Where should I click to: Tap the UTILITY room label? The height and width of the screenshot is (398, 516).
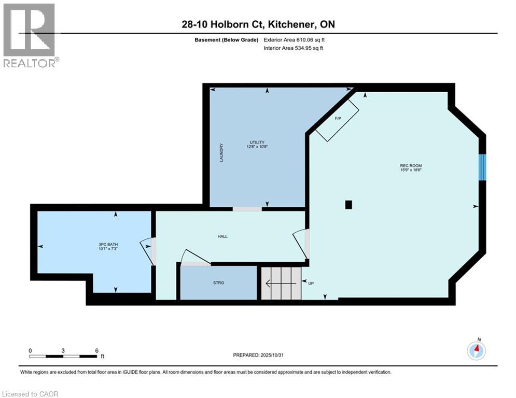pos(257,143)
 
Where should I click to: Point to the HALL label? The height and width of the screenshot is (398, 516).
pos(222,236)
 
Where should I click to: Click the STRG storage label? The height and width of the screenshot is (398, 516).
pos(218,283)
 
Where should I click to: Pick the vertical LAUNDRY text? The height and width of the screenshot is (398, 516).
pos(221,153)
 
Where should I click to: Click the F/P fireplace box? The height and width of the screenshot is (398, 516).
pos(338,119)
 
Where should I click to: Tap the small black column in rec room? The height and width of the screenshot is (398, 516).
pos(349,205)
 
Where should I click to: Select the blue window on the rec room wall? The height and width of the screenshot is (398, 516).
pos(482,167)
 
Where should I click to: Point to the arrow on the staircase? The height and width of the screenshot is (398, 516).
pos(275,283)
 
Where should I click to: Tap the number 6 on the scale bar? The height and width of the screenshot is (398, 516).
pos(97,350)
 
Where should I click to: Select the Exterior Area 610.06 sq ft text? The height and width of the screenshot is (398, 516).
pos(294,39)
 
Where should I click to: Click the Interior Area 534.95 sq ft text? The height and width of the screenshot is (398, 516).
pos(294,48)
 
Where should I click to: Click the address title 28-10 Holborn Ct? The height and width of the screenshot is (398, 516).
pos(257,25)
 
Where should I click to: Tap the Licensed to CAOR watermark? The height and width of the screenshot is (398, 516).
pos(30,394)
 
